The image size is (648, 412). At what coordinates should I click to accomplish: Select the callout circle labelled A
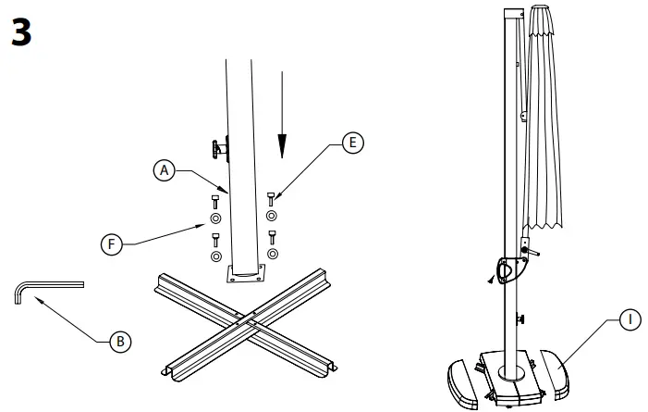(164, 170)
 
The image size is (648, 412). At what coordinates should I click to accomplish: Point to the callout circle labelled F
(111, 244)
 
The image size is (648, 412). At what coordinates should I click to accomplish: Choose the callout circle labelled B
(119, 342)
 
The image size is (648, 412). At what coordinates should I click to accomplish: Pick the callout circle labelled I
(630, 320)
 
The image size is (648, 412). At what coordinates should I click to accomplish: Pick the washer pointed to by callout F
(214, 220)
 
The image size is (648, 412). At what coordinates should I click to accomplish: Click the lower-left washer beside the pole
(215, 256)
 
